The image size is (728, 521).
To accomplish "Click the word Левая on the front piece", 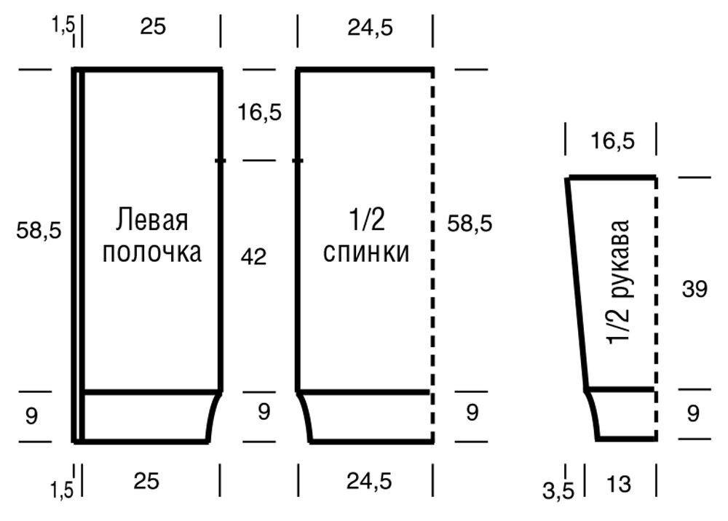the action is click(x=152, y=220).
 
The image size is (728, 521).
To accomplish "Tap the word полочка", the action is click(x=152, y=252).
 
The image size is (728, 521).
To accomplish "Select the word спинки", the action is click(x=366, y=252).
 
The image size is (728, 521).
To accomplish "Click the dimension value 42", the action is click(x=253, y=257).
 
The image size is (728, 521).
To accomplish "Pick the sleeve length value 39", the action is click(x=694, y=289).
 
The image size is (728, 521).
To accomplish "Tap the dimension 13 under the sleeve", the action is click(x=618, y=485).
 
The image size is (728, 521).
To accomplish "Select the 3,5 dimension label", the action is click(x=558, y=490).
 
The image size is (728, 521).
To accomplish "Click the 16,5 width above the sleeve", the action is click(x=612, y=140).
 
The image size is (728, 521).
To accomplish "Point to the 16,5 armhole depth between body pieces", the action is click(x=260, y=112).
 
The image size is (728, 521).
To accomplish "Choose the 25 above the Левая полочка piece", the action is click(x=153, y=26).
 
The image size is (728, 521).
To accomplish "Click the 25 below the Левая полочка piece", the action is click(x=146, y=481).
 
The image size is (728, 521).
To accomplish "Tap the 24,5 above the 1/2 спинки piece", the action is click(x=370, y=28).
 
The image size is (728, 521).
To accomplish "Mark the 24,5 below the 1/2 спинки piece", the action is click(x=369, y=481).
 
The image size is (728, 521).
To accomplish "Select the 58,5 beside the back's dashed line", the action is click(x=470, y=224).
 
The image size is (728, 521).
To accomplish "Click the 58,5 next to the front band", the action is click(x=39, y=230).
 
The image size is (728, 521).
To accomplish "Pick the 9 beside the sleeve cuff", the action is click(x=693, y=413).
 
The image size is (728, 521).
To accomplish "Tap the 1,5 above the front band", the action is click(x=63, y=25).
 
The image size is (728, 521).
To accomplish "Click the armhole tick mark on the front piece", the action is click(x=221, y=161).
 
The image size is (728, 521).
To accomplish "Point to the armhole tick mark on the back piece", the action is click(x=298, y=161).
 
